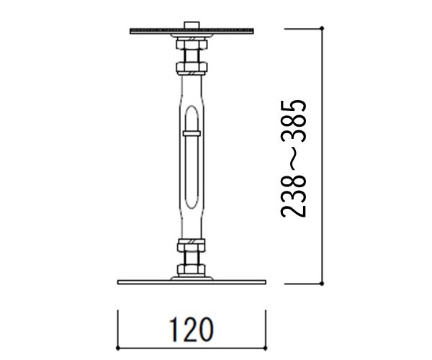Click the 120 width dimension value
click(x=192, y=330)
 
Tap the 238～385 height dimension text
click(x=293, y=158)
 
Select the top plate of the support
click(x=192, y=31)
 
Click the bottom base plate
click(x=192, y=282)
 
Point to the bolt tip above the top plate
click(x=192, y=24)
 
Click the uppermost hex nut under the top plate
click(x=192, y=45)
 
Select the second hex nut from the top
click(x=192, y=67)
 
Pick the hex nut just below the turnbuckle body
click(x=192, y=246)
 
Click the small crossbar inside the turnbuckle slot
click(x=192, y=134)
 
